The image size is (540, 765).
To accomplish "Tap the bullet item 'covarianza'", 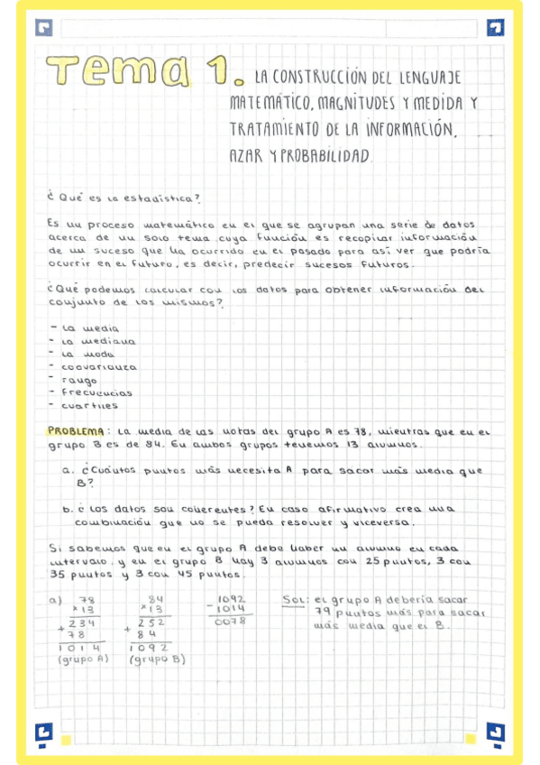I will pyautogui.click(x=98, y=367).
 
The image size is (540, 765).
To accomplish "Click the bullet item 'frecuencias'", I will pyautogui.click(x=96, y=392).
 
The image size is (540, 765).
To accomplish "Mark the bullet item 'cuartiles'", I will pyautogui.click(x=89, y=405).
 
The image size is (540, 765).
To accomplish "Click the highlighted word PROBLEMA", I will pyautogui.click(x=78, y=430).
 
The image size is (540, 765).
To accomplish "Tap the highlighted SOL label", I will pyautogui.click(x=295, y=599).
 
